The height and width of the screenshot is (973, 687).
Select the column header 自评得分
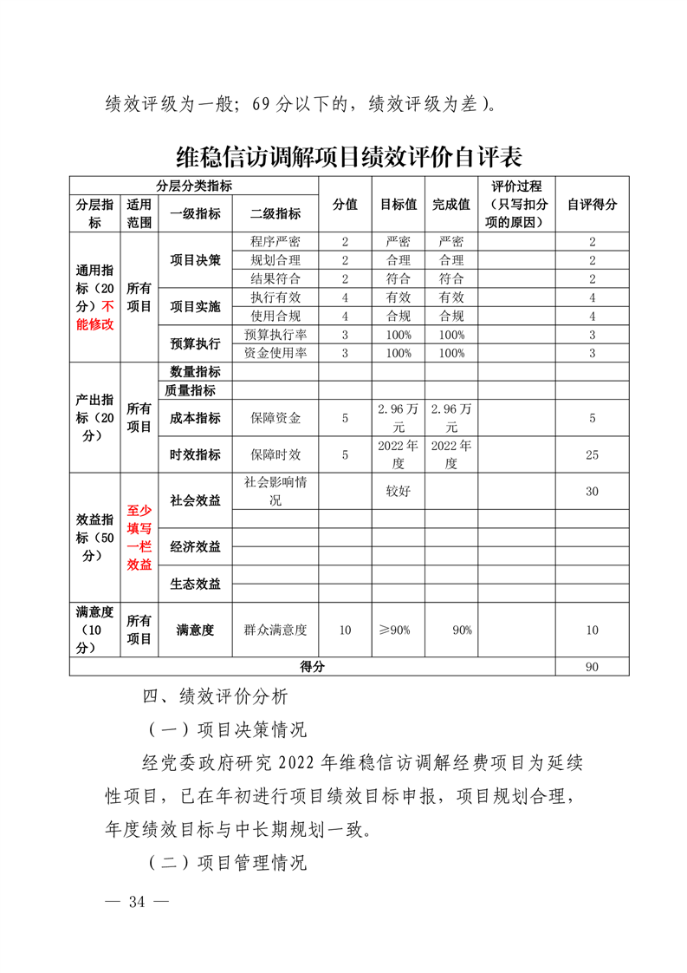pos(592,205)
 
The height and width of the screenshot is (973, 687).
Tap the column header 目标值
pos(399,205)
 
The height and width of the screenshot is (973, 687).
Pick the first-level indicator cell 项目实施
pos(195,306)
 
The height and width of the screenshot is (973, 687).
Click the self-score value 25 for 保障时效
pos(592,454)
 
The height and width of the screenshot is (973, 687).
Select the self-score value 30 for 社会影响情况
pos(592,491)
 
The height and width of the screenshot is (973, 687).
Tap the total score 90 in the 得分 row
pos(592,667)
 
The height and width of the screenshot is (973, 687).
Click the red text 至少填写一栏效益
pos(139,538)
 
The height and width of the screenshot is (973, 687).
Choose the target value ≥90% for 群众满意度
pos(399,630)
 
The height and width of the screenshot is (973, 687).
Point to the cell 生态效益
pos(195,583)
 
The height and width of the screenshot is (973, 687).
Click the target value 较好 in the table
pos(399,491)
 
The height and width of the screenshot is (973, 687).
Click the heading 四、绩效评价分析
pos(221,695)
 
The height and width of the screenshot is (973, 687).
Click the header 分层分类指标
pos(194,186)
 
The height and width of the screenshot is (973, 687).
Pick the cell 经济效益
pos(195,546)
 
